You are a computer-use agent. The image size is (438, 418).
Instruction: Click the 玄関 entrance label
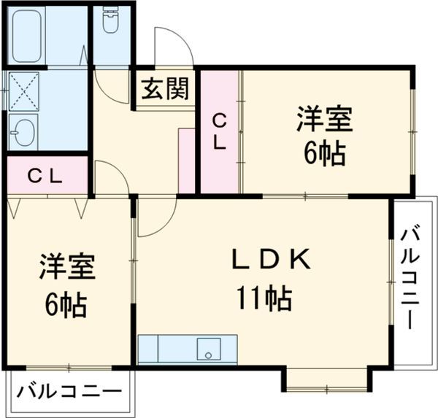coord(164,89)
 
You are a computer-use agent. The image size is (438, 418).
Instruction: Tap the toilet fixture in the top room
coord(112,22)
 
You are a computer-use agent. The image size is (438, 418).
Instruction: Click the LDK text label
coord(272,259)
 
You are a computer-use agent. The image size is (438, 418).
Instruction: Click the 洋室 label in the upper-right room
coord(324,119)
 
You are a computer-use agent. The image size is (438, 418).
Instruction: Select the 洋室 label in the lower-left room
coord(68,266)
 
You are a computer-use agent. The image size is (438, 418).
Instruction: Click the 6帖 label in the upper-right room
coord(324,153)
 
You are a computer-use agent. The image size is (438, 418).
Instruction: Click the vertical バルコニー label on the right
coord(410,276)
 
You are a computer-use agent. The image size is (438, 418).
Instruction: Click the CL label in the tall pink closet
coord(219,131)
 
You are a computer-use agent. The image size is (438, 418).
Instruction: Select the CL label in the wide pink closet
coord(45,176)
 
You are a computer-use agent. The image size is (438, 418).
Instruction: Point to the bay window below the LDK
coord(326,378)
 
